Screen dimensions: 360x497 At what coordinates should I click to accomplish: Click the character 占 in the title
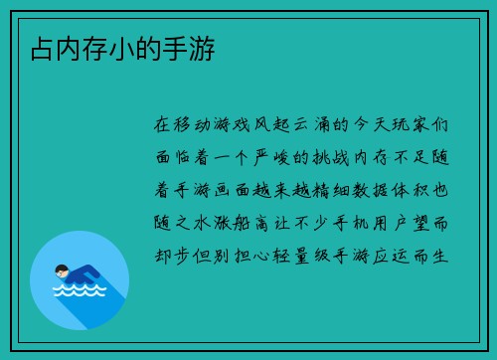point(41,46)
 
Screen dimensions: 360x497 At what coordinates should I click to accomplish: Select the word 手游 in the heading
point(189,46)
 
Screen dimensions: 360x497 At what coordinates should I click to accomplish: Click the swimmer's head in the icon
point(63,270)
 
